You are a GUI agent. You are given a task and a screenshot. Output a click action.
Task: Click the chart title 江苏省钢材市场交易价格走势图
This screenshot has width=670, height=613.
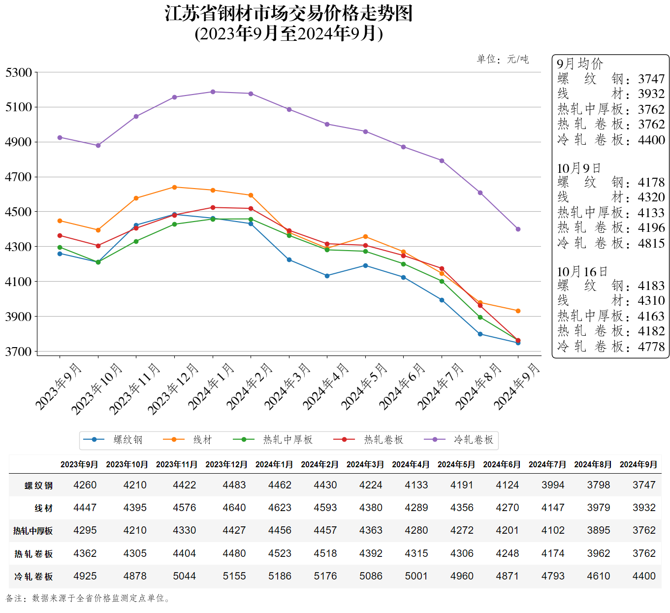[288, 13]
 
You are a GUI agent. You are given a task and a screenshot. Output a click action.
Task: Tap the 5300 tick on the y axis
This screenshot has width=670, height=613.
[19, 73]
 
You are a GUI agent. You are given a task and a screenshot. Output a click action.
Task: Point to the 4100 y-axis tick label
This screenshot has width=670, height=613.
[19, 282]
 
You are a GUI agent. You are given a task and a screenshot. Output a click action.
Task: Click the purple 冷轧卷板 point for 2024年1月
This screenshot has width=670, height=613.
[213, 92]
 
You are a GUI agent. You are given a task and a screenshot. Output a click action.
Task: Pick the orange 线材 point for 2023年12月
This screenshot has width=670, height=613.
[174, 187]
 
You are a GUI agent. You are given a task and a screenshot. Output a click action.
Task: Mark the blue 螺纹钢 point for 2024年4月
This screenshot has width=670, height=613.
[327, 276]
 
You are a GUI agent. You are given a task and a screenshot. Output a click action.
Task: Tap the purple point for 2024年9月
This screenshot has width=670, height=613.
[518, 229]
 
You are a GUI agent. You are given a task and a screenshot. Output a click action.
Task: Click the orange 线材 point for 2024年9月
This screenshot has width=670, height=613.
[518, 311]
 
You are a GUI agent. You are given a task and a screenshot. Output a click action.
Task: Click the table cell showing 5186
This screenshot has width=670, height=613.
[280, 576]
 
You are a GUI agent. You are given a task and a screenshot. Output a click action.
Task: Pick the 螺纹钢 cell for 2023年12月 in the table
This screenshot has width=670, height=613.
[234, 485]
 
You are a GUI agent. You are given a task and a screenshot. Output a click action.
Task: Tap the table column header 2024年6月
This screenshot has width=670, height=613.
[502, 464]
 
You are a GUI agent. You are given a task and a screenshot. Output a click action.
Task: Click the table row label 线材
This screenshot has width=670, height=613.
[43, 508]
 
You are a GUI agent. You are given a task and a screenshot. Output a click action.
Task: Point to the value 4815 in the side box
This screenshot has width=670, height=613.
[651, 243]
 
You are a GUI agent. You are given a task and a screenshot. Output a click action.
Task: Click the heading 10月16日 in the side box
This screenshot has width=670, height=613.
[582, 272]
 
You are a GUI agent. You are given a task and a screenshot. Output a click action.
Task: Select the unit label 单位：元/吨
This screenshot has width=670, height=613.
[503, 60]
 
